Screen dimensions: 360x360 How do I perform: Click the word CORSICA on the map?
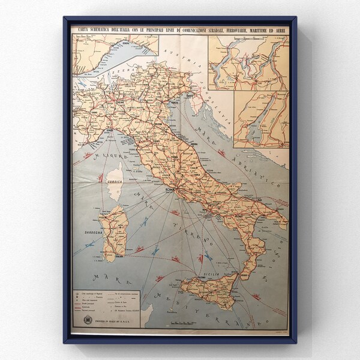pyautogui.click(x=114, y=181)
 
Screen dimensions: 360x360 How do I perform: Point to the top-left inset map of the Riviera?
pyautogui.click(x=114, y=60)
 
